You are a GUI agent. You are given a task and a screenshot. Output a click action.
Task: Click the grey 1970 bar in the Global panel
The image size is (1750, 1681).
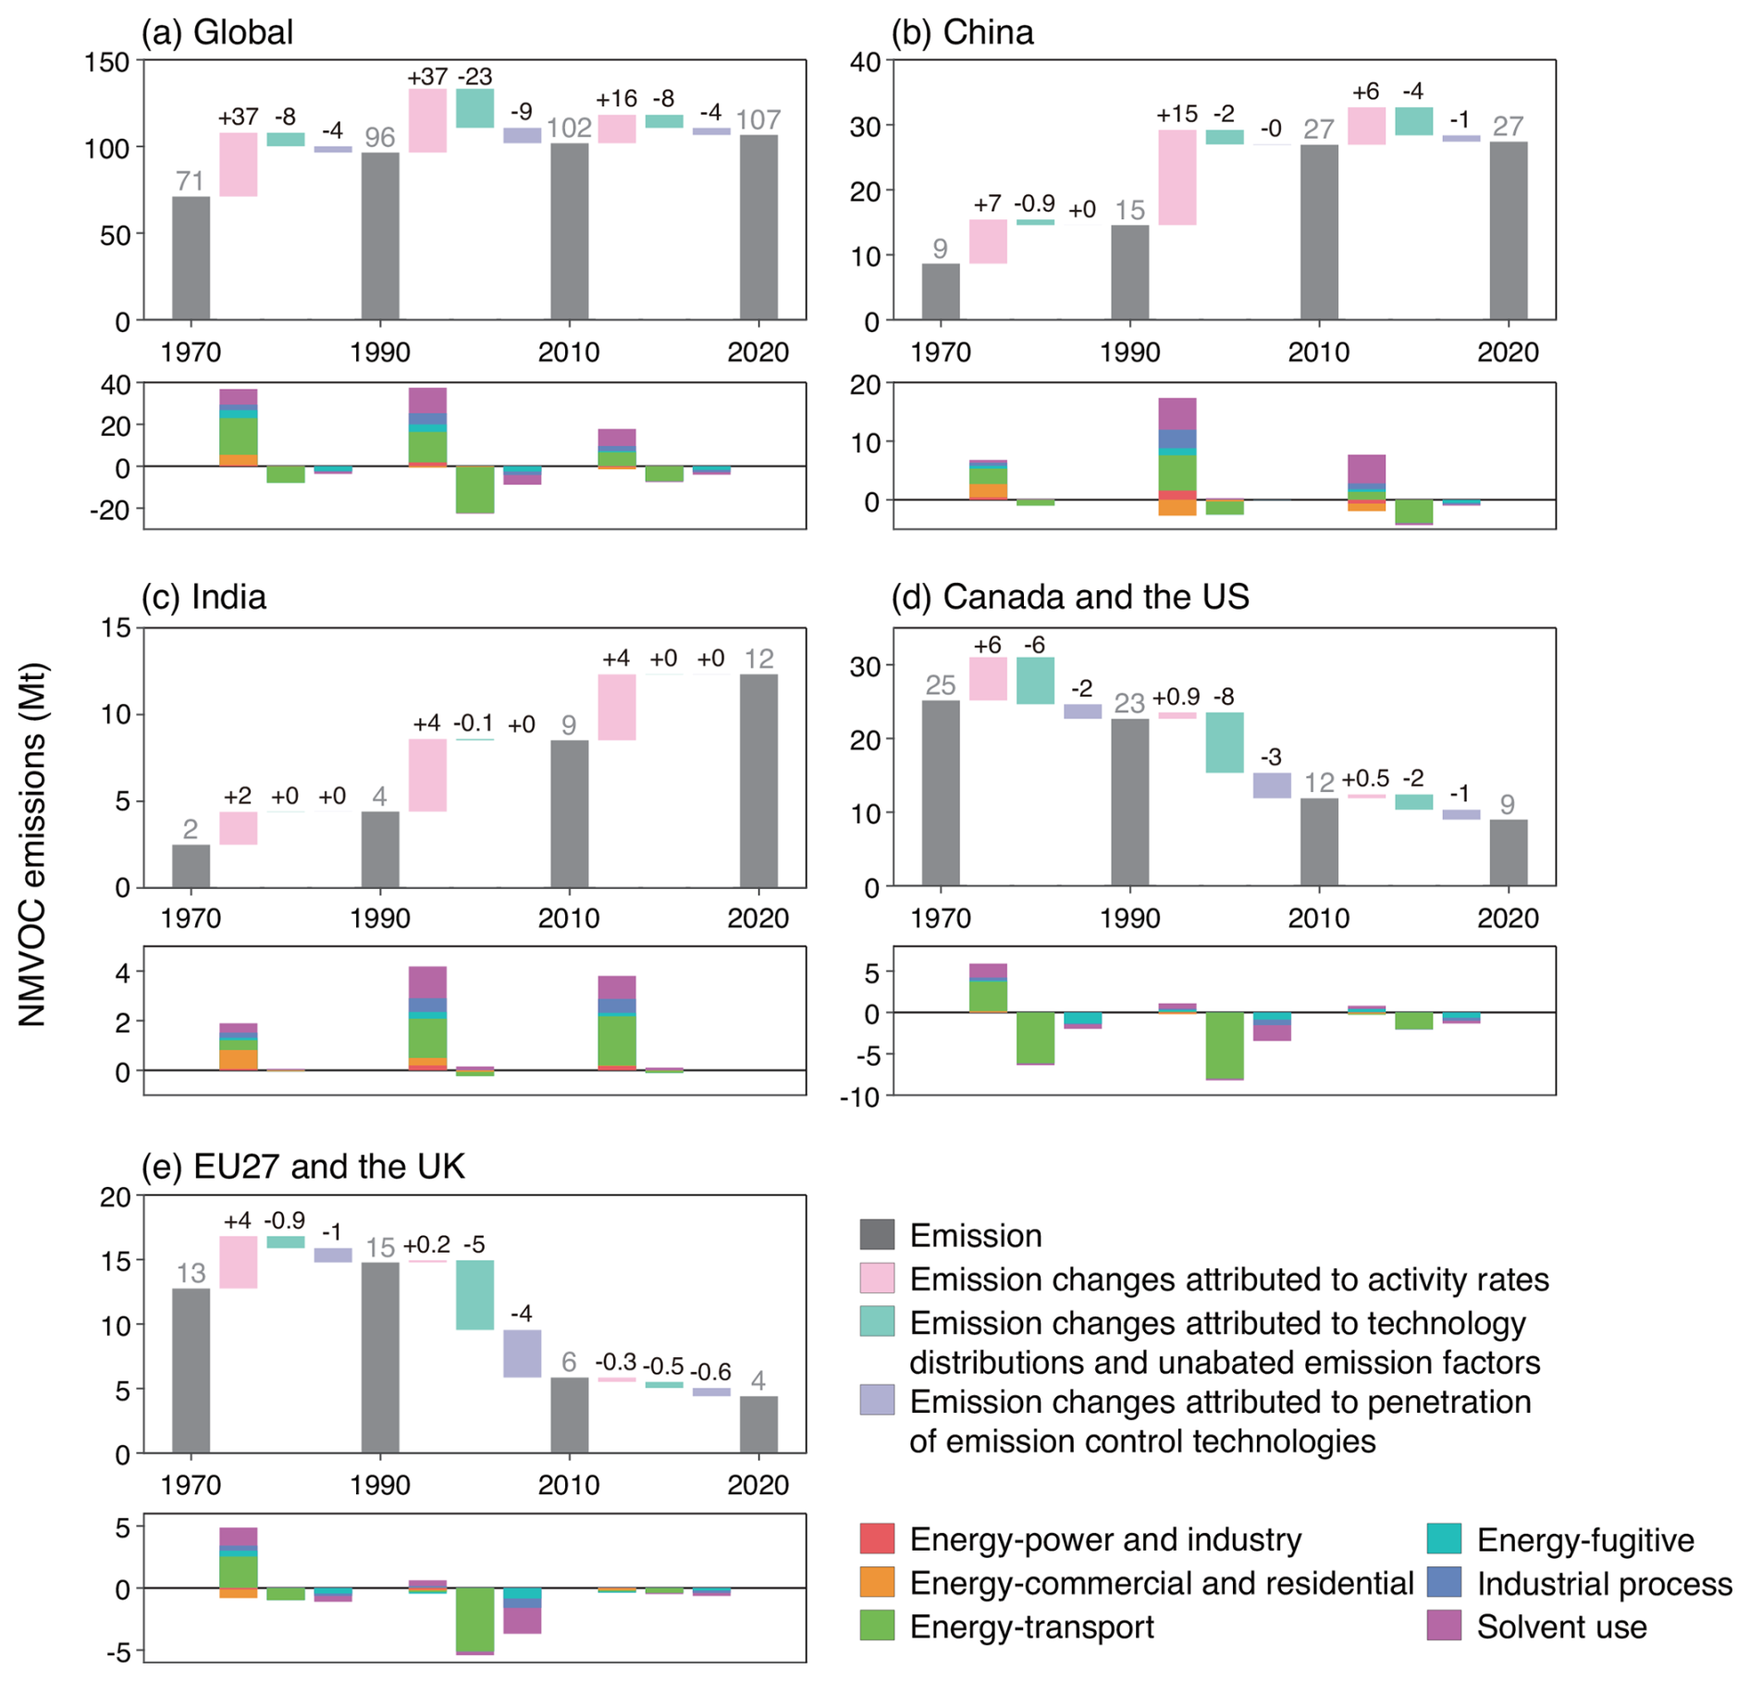[191, 258]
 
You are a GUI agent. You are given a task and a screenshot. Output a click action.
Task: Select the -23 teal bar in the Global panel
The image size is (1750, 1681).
[474, 108]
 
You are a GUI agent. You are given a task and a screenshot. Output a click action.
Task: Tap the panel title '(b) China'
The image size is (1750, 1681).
[962, 32]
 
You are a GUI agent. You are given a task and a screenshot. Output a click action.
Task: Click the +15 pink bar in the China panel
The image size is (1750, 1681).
[1177, 177]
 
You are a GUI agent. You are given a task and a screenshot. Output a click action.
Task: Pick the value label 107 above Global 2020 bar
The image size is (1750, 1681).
[758, 119]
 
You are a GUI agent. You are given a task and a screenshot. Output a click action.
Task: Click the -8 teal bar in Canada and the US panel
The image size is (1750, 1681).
[1225, 742]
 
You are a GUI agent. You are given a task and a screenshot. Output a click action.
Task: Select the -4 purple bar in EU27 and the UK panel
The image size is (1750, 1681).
[522, 1353]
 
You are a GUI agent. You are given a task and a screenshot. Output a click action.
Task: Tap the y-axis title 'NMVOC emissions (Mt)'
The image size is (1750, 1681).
[32, 845]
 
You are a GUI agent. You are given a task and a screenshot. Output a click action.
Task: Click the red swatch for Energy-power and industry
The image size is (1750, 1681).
[877, 1539]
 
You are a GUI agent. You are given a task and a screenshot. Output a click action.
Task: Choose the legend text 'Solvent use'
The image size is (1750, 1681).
[1561, 1626]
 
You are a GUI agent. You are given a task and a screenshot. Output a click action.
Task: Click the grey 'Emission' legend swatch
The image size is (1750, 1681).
[877, 1235]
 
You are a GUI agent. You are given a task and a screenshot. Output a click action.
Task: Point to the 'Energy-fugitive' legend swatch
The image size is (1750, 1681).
[1444, 1539]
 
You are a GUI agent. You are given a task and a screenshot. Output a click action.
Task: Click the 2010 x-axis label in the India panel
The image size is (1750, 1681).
[569, 918]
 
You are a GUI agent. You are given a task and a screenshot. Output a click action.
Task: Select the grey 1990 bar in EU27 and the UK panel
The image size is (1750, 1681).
[380, 1357]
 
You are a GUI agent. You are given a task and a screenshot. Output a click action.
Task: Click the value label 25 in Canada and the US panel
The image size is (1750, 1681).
[940, 685]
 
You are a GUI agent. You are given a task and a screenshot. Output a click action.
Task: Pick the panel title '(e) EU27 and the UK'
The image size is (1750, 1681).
[302, 1167]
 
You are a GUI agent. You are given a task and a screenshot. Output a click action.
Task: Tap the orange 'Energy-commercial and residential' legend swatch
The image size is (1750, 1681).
[877, 1582]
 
